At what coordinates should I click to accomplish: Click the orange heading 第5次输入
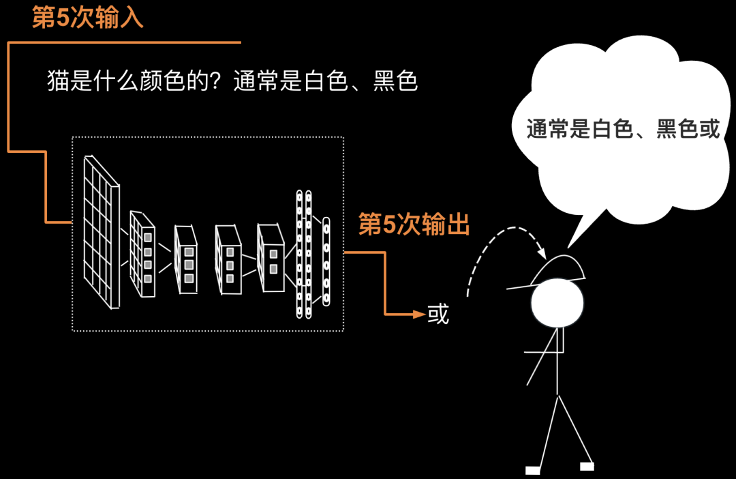click(88, 18)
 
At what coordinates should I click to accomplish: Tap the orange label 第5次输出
click(414, 224)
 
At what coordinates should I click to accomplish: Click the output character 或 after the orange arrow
click(438, 314)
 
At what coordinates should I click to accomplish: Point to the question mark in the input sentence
click(221, 82)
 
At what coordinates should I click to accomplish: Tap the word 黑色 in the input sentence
click(395, 82)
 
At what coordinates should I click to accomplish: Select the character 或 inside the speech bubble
click(709, 128)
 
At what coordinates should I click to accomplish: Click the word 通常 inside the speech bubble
click(548, 128)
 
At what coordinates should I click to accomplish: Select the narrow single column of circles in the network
click(326, 261)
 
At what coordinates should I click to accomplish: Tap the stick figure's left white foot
click(533, 470)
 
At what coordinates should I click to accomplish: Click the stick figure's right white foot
click(587, 466)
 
